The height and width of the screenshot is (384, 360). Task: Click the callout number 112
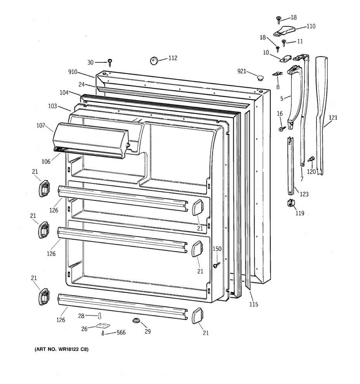coord(172,58)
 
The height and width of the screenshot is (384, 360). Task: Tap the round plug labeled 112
coord(155,60)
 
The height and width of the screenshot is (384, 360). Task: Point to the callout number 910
coord(73,72)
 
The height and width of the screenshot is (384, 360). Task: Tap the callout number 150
coord(217,249)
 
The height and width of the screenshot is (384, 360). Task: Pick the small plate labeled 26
coord(102,326)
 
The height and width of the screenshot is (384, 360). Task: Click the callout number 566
coord(121,333)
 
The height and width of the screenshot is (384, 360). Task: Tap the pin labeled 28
coord(100,316)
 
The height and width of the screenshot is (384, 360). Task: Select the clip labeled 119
coord(291,203)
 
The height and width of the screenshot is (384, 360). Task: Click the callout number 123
coord(304,194)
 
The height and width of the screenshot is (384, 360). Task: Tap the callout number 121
coord(333,118)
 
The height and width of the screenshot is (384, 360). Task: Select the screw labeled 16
coord(282,129)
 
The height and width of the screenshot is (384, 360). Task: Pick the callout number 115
coord(253,304)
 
